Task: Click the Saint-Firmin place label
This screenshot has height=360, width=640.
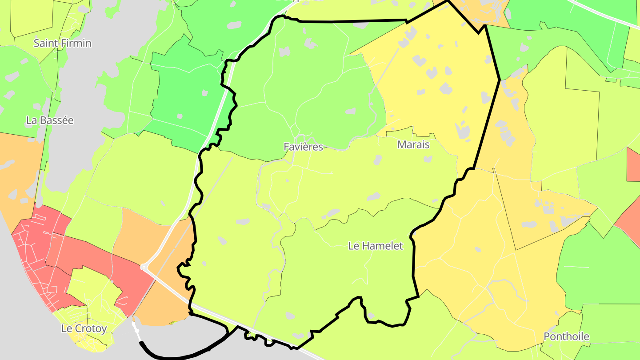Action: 63,43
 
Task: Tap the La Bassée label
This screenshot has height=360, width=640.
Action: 50,120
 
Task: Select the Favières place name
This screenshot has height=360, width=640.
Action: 303,147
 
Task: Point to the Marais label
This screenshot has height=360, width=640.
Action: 414,144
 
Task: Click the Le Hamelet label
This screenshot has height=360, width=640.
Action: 376,246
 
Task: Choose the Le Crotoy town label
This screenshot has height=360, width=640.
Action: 84,329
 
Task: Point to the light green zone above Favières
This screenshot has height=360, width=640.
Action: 302,80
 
